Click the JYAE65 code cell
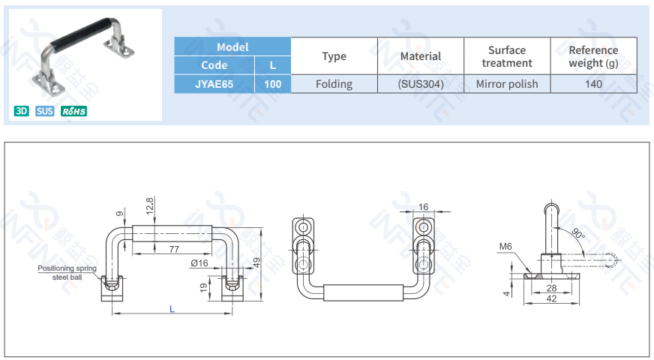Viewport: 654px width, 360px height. (214, 84)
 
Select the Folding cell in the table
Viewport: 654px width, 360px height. (334, 84)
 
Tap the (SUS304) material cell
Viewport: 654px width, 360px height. (421, 84)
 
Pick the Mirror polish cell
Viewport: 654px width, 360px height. (507, 84)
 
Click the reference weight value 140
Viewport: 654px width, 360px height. (593, 84)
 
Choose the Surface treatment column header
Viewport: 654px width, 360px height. (507, 56)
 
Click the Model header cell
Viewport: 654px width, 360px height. (232, 46)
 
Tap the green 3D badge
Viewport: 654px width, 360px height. (21, 112)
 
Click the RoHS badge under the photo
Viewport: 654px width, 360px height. (73, 112)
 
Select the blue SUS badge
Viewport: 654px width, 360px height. (45, 112)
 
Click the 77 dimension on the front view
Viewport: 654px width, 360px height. (173, 248)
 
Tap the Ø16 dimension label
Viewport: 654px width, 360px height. (199, 262)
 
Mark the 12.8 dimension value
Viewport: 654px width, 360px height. (150, 205)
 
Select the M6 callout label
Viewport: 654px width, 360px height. (505, 246)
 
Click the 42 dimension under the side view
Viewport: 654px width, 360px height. (550, 299)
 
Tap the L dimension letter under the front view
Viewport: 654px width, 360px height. (172, 308)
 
